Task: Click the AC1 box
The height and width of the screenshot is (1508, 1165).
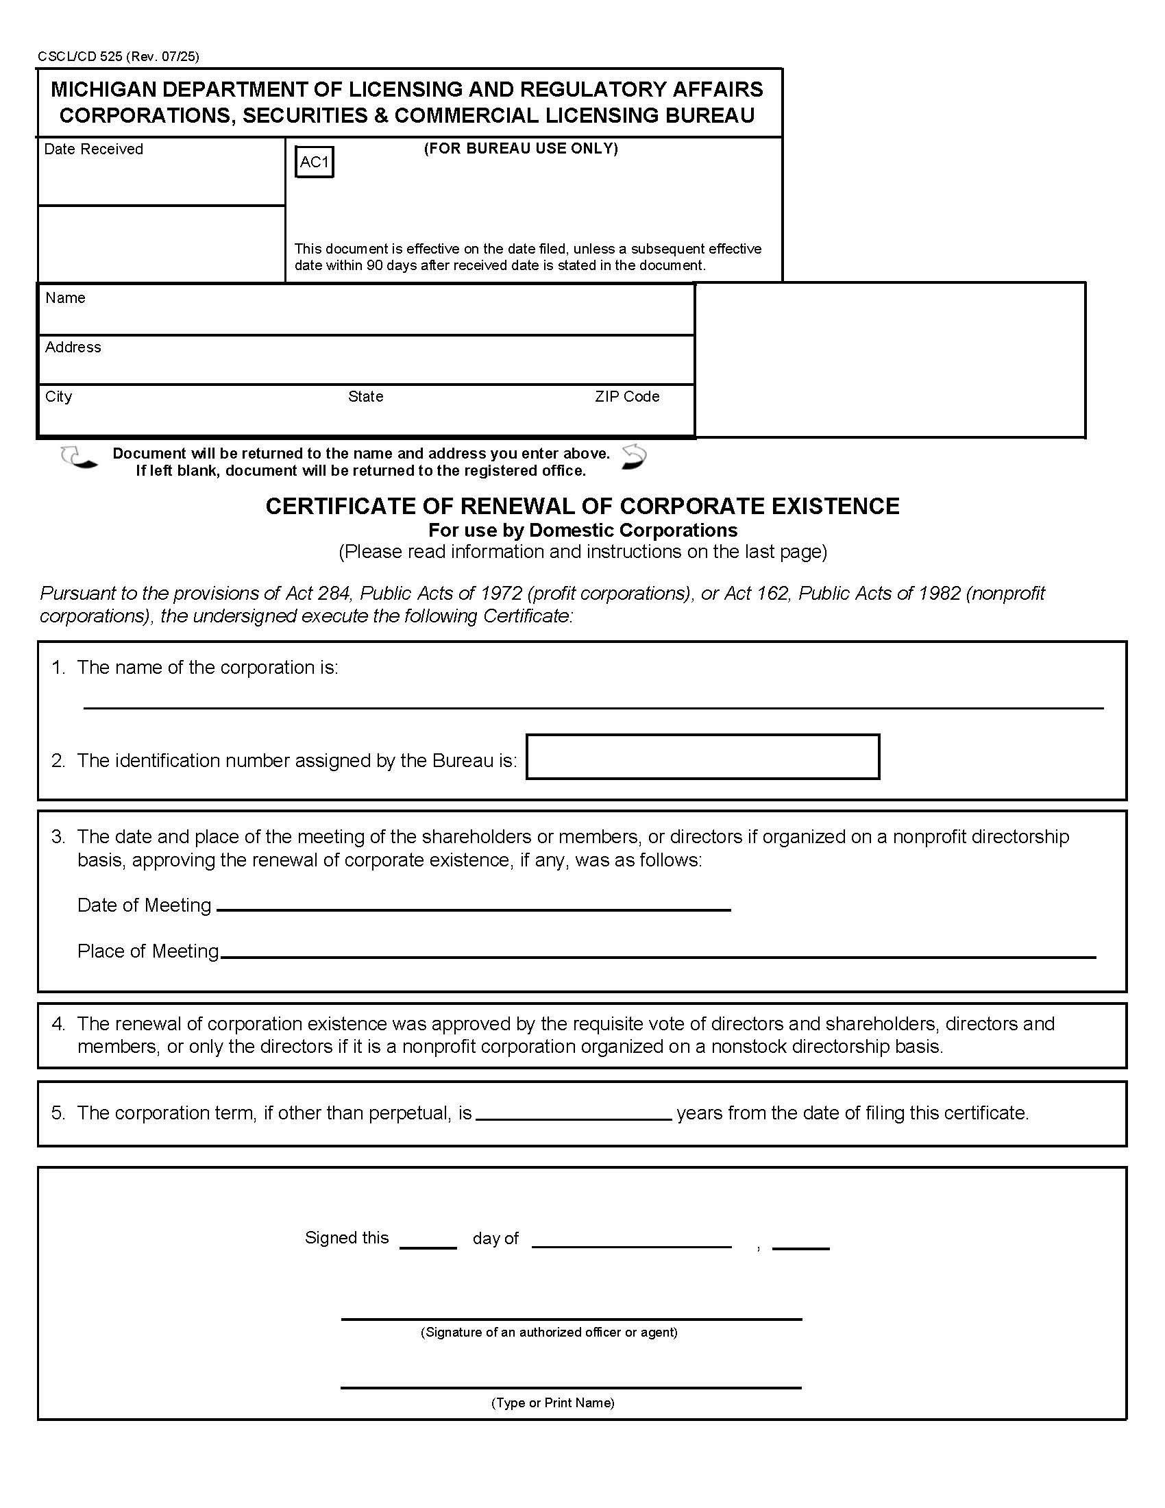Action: [314, 162]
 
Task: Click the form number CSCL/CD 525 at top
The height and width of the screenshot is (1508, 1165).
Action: [80, 57]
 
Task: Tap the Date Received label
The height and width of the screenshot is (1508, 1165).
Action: [93, 149]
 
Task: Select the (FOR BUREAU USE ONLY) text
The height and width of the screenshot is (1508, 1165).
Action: [520, 149]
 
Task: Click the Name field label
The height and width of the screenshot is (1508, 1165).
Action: [65, 297]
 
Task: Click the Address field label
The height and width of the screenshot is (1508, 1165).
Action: [73, 348]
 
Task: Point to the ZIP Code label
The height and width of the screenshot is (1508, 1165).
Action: [626, 396]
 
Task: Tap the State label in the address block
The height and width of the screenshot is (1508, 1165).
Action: [365, 396]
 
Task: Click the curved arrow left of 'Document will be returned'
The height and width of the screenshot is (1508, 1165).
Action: [78, 458]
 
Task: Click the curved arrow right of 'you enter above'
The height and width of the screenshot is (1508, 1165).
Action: [634, 457]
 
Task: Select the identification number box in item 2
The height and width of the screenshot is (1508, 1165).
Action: [702, 757]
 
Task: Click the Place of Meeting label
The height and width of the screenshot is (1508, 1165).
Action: [148, 951]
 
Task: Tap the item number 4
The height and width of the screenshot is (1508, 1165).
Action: [58, 1024]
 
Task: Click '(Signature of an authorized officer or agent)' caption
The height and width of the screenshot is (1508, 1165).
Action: [549, 1333]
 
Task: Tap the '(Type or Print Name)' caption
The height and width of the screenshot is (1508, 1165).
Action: [552, 1402]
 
